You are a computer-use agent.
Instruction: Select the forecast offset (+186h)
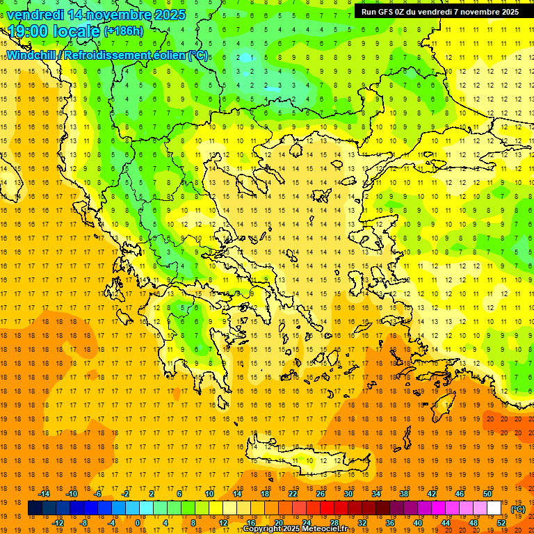(124, 31)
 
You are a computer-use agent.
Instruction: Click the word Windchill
(31, 56)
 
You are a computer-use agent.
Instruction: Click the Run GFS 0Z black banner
(439, 12)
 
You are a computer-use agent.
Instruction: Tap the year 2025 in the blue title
(168, 15)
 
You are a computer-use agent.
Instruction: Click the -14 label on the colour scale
(44, 494)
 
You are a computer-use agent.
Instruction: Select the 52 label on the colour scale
(501, 523)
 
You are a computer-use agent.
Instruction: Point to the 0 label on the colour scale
(137, 523)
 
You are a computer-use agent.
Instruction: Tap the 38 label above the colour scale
(404, 494)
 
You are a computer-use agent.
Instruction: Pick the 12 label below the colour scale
(223, 523)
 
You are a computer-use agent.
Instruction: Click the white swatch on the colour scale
(494, 508)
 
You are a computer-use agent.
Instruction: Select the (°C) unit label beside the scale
(518, 509)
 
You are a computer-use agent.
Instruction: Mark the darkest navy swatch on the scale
(35, 508)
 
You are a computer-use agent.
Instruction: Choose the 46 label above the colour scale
(460, 494)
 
